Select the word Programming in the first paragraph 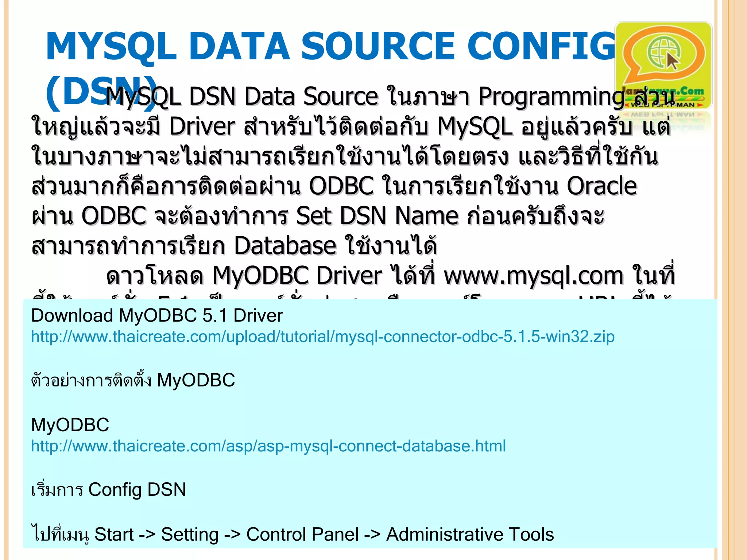551,97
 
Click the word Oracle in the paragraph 602,186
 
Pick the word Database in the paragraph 285,246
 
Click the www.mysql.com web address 533,276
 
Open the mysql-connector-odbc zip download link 322,337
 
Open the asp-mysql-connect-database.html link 268,446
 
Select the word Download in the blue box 72,315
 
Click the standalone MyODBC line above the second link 70,425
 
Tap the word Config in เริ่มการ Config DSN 115,490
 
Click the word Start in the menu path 114,534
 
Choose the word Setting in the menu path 190,534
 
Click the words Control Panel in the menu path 302,534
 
